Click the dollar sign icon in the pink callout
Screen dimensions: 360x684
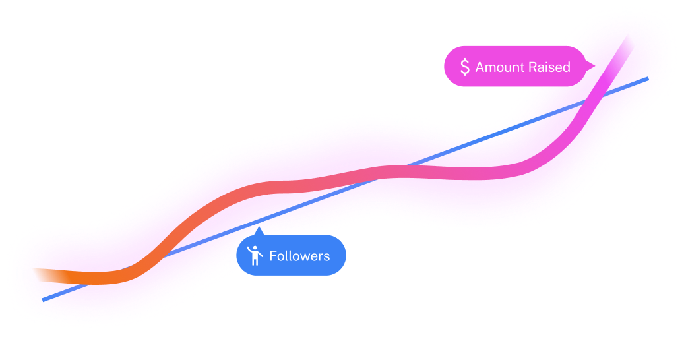pos(465,67)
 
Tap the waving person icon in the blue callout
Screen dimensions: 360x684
pos(254,255)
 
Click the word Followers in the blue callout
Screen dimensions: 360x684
pos(299,256)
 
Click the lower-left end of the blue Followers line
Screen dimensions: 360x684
pos(44,300)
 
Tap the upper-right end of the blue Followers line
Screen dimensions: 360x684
pos(648,78)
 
